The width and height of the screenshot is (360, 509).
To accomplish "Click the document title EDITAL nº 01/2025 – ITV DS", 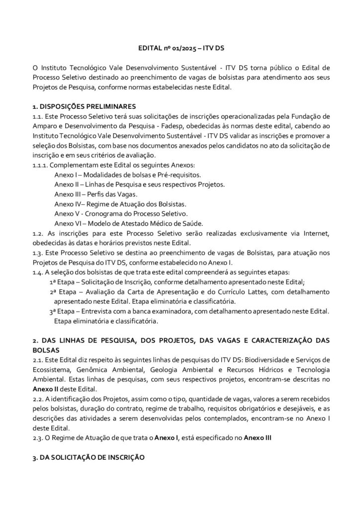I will point(180,50).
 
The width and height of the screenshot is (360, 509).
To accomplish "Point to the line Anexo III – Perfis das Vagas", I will point(96,194).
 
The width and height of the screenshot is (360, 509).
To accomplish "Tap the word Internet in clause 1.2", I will point(314,233).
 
